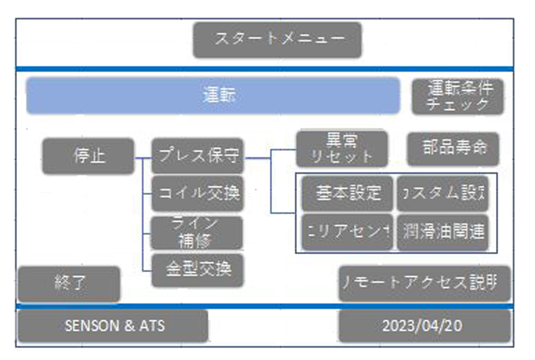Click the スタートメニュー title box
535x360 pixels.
[277, 40]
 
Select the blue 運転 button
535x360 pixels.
[213, 96]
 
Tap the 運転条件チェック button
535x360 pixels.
[458, 97]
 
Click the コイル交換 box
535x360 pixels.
[198, 193]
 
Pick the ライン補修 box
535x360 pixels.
[198, 233]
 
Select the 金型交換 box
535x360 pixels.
[198, 270]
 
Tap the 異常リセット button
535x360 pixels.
[342, 149]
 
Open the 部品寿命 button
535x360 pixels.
[453, 148]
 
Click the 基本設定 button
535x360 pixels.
[347, 193]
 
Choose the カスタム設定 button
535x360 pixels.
[442, 193]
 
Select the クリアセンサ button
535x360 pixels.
[347, 232]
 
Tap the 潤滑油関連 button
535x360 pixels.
[442, 232]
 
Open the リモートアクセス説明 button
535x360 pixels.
[425, 283]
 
